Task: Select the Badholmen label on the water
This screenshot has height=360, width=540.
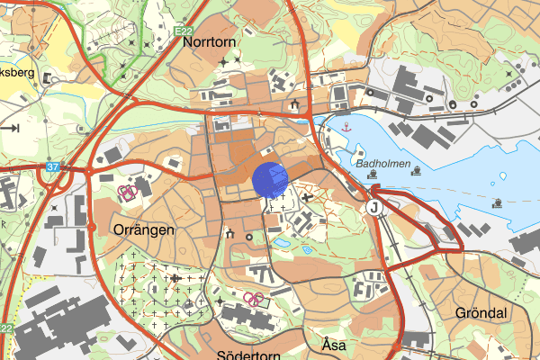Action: click(382, 165)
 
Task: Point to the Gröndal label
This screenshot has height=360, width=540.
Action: click(481, 313)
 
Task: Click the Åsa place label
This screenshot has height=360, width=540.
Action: click(334, 345)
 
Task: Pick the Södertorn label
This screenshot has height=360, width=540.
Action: click(247, 354)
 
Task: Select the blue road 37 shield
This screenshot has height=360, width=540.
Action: click(54, 166)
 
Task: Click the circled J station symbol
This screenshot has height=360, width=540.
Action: click(373, 208)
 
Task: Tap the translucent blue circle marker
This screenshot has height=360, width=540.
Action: click(269, 179)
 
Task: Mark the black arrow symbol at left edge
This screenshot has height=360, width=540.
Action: click(11, 128)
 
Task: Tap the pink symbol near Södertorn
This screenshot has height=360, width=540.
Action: click(255, 298)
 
